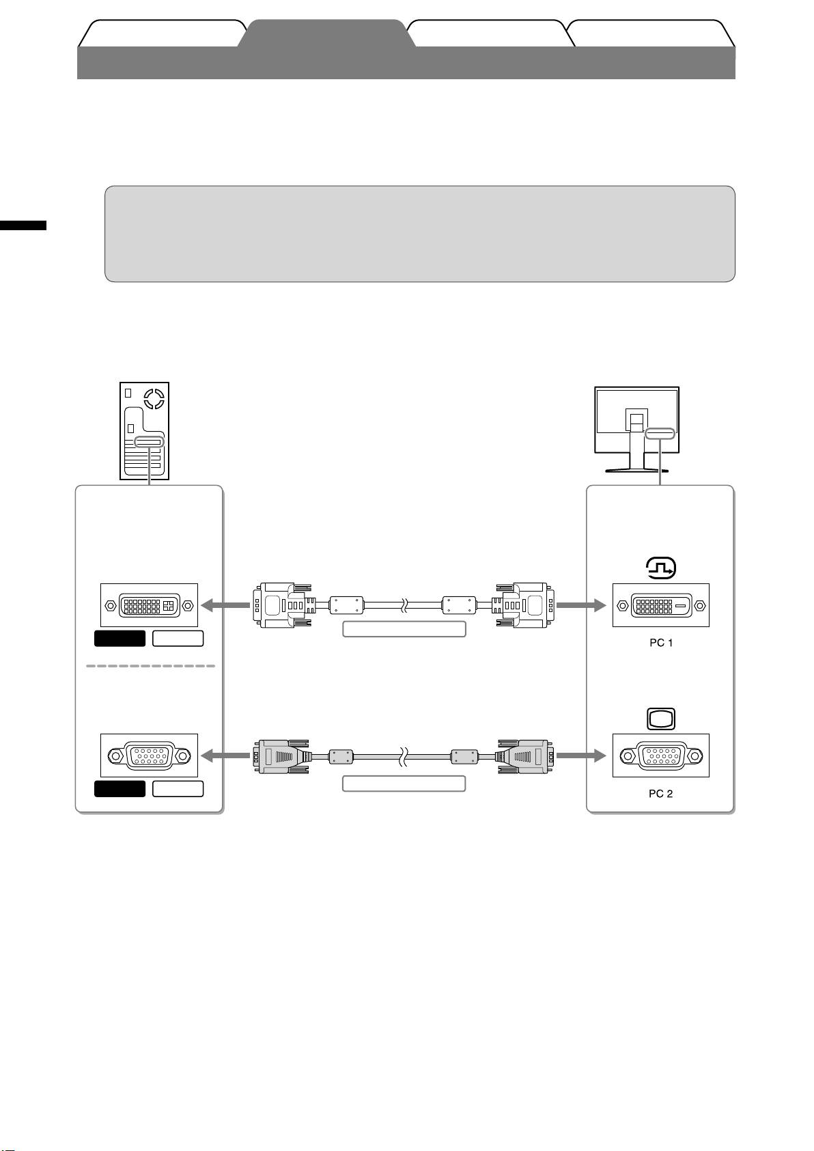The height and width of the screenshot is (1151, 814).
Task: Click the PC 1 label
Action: (x=661, y=643)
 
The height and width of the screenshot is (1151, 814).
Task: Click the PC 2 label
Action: (x=660, y=794)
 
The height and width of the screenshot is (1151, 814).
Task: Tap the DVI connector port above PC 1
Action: (x=661, y=605)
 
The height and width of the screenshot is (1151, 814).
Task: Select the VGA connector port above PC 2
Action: (x=661, y=755)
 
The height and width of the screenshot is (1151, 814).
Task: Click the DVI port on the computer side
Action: (x=149, y=605)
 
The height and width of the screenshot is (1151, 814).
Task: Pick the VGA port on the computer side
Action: (x=149, y=755)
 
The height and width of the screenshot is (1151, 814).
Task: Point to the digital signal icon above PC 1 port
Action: (x=661, y=568)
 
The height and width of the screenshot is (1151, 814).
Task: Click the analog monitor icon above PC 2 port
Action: (x=661, y=719)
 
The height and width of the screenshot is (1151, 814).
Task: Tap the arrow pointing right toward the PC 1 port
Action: (x=581, y=605)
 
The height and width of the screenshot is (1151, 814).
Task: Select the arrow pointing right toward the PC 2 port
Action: (x=581, y=755)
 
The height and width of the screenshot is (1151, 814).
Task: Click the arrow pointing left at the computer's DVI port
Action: (x=225, y=605)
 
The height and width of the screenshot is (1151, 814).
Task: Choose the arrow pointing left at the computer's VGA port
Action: (x=225, y=755)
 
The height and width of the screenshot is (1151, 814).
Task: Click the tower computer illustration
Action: (x=144, y=430)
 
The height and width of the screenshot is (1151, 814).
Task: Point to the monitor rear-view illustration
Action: (x=637, y=430)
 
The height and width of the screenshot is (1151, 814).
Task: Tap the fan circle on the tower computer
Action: (x=154, y=398)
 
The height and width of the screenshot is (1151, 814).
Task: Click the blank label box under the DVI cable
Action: (x=404, y=629)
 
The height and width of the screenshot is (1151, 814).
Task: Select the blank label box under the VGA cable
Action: (x=404, y=783)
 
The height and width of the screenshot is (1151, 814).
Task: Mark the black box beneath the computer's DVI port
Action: (x=120, y=639)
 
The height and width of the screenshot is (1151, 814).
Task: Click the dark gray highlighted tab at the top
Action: (x=326, y=33)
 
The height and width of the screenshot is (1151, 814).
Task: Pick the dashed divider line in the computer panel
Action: (x=150, y=666)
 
